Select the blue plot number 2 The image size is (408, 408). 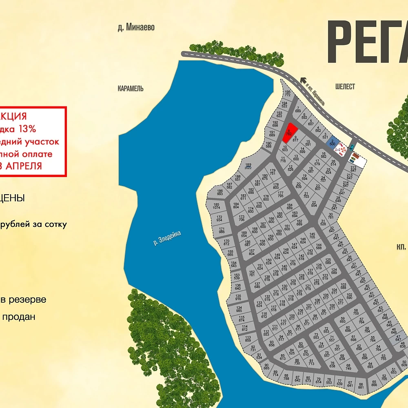click(x=333, y=142)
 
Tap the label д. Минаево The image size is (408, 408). click(x=136, y=28)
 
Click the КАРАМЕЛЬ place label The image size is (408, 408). click(x=131, y=89)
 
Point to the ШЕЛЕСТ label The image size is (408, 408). click(x=345, y=86)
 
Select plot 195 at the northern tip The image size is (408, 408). click(x=287, y=93)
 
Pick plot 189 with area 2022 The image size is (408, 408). click(x=248, y=166)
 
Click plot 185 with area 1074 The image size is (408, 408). click(x=216, y=206)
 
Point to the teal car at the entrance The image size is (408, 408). click(x=352, y=147)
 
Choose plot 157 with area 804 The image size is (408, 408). click(x=251, y=252)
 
